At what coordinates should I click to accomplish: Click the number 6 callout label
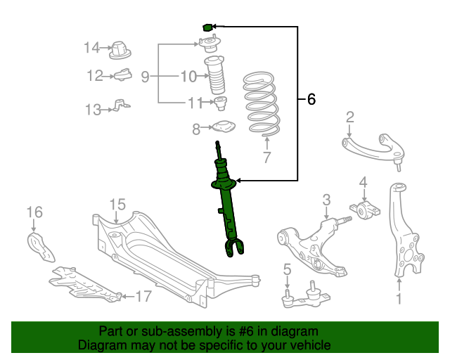[311, 100]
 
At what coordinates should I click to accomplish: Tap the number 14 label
[92, 48]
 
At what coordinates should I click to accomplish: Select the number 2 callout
[349, 117]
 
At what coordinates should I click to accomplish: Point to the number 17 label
[143, 297]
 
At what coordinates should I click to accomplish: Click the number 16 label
[34, 212]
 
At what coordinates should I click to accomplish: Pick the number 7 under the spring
[266, 157]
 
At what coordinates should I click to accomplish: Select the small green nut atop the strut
[207, 27]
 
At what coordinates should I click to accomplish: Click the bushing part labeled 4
[366, 210]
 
